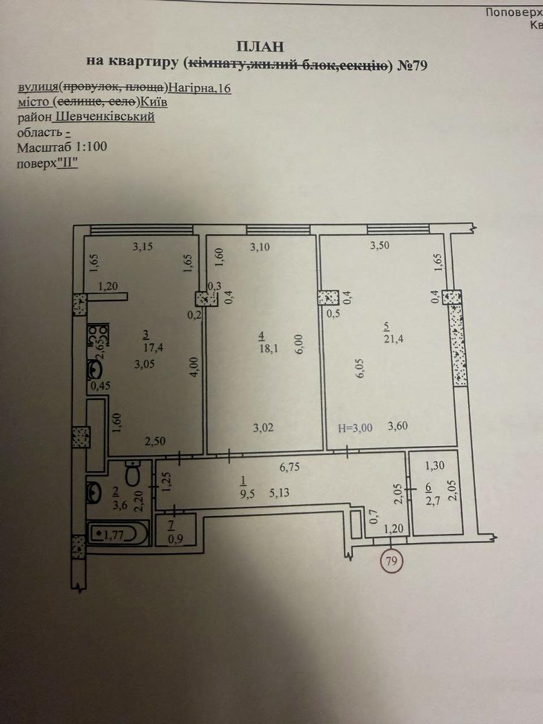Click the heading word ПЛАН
click(x=260, y=47)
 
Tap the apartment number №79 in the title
click(x=412, y=65)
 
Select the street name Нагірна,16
click(x=199, y=88)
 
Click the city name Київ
click(x=154, y=102)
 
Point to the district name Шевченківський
click(x=106, y=117)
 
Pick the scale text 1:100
click(x=91, y=147)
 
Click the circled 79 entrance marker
click(x=392, y=560)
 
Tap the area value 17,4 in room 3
click(x=153, y=348)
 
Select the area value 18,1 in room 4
click(x=268, y=348)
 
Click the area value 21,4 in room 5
click(x=393, y=338)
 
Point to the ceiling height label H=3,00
click(x=355, y=428)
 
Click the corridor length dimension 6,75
click(x=289, y=467)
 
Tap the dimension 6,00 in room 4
click(x=300, y=345)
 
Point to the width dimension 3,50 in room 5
click(x=379, y=246)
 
